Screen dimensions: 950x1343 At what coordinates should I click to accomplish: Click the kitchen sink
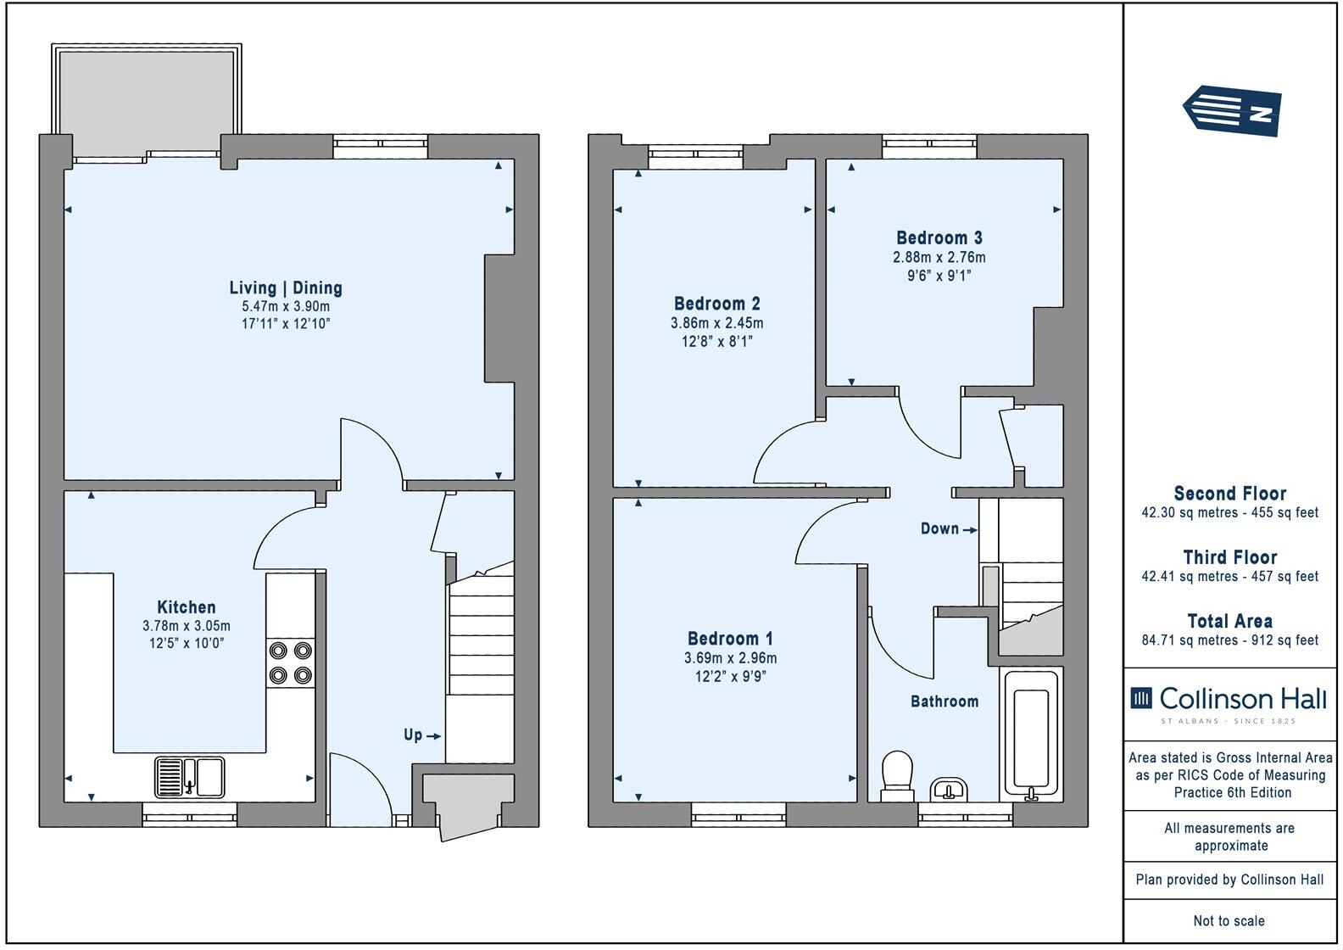(189, 776)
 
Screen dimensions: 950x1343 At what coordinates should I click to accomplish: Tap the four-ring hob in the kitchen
(289, 662)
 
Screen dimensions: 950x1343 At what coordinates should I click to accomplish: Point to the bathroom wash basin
(949, 789)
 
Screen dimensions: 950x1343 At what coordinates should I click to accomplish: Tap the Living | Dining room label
(286, 288)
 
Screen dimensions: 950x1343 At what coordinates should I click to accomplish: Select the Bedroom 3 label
(939, 237)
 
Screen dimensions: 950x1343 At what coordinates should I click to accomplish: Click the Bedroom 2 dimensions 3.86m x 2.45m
(716, 323)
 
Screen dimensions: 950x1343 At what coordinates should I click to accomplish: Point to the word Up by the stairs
(413, 735)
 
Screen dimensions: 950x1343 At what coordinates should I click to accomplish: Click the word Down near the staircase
(939, 528)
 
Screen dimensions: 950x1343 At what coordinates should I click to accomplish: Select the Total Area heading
(1229, 621)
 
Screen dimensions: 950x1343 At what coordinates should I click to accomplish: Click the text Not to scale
(1229, 920)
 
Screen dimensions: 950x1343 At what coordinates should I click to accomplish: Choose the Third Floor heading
(1229, 557)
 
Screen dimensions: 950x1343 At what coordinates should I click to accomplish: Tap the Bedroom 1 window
(738, 819)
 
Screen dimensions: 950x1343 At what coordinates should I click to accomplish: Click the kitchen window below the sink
(189, 819)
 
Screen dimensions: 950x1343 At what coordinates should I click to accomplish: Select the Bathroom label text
(944, 701)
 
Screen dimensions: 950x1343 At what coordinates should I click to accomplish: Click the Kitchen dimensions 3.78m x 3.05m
(187, 626)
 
